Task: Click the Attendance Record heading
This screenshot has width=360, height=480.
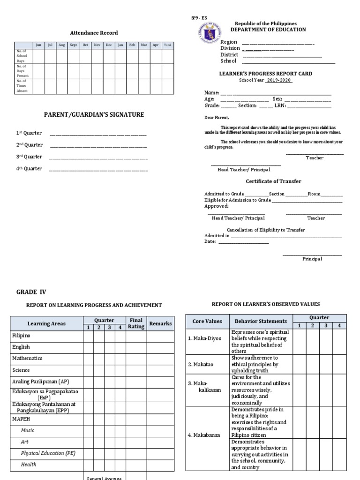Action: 94,33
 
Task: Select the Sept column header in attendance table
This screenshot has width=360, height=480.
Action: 74,45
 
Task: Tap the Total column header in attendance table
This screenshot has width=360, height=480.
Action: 168,45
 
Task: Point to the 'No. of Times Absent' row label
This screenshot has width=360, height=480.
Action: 22,86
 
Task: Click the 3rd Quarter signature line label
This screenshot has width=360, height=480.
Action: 30,157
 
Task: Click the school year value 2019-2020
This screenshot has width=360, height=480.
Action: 279,80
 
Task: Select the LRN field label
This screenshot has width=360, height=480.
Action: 280,106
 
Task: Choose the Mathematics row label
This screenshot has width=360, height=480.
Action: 27,358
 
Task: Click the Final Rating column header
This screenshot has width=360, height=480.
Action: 136,323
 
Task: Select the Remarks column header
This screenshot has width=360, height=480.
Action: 160,323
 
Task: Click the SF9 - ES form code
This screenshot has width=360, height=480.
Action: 195,17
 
